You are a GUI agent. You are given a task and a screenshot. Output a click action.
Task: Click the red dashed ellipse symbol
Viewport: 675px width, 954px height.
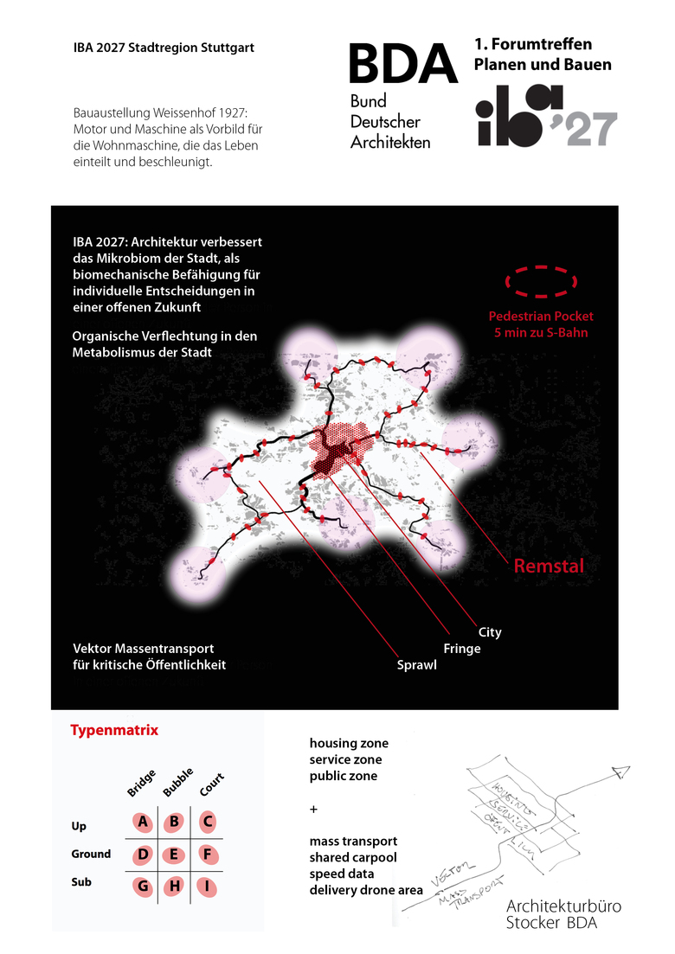[541, 280]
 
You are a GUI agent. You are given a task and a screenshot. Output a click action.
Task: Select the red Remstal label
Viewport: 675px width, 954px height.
[549, 567]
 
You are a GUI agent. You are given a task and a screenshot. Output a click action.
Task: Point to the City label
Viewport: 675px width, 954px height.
[489, 632]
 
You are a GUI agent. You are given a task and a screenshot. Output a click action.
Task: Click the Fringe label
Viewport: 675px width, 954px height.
[461, 649]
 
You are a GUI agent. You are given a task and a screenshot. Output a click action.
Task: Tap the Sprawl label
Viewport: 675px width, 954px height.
[416, 665]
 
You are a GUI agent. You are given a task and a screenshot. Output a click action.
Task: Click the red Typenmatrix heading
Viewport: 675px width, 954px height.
[114, 730]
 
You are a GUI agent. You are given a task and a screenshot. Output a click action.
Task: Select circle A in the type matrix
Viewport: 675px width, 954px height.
[143, 822]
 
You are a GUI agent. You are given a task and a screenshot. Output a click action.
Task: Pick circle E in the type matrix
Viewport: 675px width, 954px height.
[174, 855]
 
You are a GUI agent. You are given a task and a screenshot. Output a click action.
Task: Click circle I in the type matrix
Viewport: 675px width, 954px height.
[208, 887]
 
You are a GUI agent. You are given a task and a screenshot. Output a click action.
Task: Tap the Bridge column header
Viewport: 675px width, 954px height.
[141, 782]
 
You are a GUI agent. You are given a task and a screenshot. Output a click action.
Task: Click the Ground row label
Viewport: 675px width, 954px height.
[91, 855]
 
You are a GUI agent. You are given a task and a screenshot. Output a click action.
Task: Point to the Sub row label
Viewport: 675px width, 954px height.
[81, 883]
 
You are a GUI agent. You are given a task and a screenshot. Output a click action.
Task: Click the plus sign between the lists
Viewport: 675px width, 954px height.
[313, 809]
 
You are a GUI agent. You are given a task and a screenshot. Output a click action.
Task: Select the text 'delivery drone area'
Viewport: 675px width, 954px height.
[366, 890]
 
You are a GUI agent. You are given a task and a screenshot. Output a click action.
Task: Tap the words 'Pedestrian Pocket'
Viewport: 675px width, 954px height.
[541, 317]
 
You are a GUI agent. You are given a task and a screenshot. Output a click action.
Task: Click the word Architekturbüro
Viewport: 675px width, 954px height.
[563, 906]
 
